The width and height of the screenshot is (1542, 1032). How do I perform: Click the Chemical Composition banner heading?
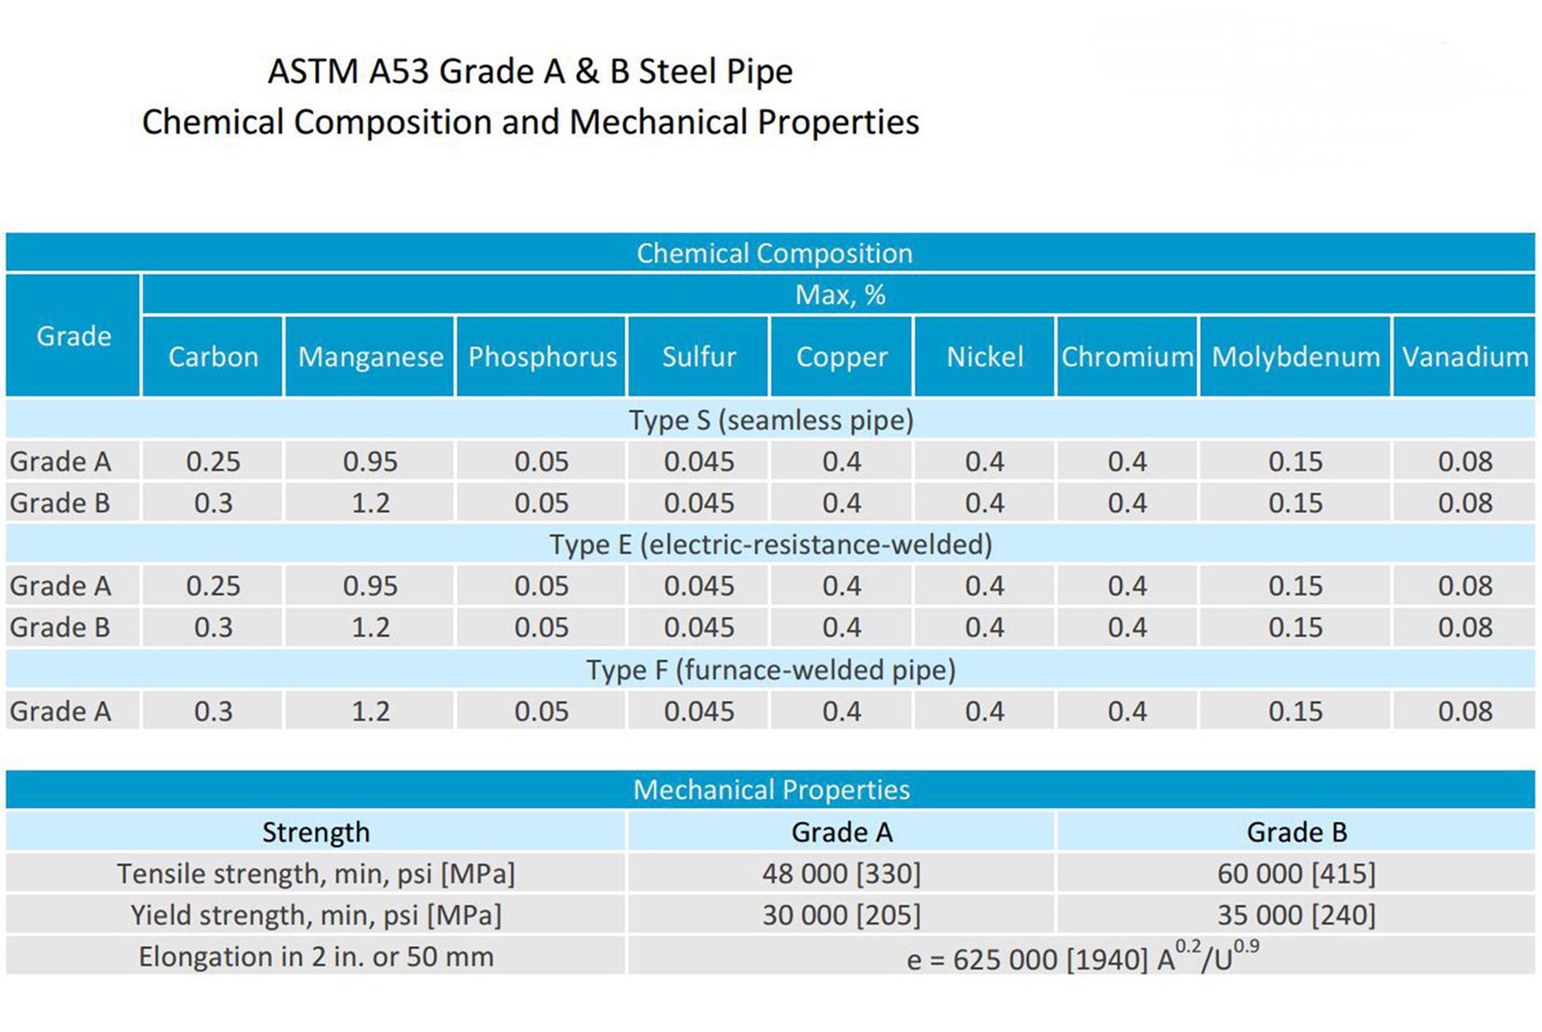(x=774, y=254)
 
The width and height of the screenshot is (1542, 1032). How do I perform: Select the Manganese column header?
(x=371, y=357)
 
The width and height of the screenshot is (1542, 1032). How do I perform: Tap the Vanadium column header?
(x=1465, y=357)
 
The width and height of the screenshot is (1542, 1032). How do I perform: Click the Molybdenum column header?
(x=1295, y=357)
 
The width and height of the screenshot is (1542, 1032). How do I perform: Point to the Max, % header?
(x=840, y=295)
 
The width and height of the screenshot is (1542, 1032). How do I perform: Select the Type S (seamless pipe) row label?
(x=770, y=420)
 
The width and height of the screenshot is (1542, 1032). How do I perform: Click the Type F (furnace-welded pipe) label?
(x=770, y=670)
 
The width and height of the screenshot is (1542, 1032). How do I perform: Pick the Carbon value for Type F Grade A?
(x=213, y=711)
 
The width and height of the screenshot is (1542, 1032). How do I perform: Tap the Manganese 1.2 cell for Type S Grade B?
(x=371, y=504)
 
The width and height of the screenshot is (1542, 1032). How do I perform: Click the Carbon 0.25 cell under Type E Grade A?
(x=213, y=586)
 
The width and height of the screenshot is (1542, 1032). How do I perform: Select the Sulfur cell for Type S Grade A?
(x=698, y=461)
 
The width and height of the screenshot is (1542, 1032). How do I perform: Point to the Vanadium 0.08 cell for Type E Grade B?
(x=1465, y=627)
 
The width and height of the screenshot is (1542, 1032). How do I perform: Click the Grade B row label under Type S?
(x=60, y=504)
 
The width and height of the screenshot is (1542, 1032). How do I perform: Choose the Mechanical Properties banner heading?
(x=770, y=790)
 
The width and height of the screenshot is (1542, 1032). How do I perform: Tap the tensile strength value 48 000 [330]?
(x=841, y=874)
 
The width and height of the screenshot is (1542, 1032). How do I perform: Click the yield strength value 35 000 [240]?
(x=1296, y=916)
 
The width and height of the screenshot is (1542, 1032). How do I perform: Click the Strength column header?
(x=316, y=832)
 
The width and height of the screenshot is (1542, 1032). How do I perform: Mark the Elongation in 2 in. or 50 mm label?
(x=316, y=957)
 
